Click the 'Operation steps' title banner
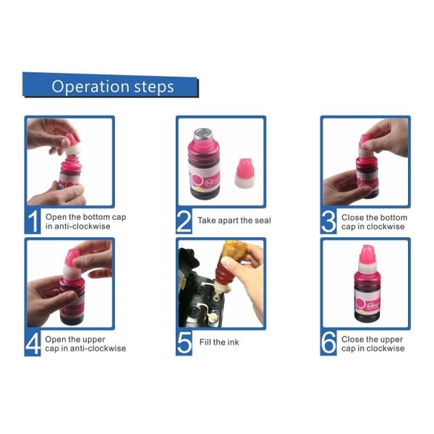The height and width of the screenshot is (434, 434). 111,85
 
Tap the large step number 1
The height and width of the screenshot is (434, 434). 33,221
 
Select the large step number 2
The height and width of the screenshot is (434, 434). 184,221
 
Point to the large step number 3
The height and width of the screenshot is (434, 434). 328,221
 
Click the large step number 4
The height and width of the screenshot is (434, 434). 33,343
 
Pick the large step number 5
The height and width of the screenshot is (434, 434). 184,343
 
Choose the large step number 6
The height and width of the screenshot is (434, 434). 328,343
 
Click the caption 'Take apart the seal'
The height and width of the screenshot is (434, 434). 234,221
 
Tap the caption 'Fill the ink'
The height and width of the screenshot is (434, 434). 219,342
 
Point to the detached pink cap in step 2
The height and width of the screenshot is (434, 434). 244,174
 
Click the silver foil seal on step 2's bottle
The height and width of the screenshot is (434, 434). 203,134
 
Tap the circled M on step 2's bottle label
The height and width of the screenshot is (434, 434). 209,183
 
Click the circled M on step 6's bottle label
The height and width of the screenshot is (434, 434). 370,306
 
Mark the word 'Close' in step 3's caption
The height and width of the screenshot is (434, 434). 352,218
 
